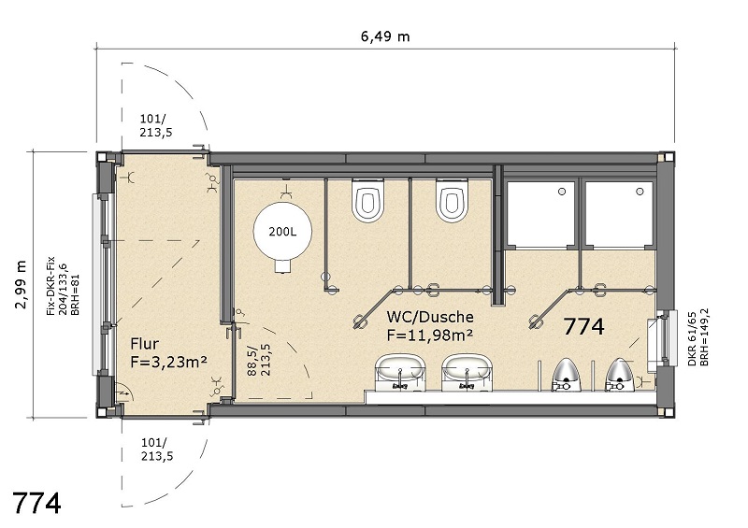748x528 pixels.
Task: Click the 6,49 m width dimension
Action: (x=385, y=36)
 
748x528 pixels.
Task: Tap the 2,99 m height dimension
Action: (x=21, y=285)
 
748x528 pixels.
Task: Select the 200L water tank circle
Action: (x=282, y=232)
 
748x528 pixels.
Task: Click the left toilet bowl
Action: (x=367, y=200)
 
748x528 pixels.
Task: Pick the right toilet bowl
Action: (x=452, y=200)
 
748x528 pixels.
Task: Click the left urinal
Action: (x=565, y=375)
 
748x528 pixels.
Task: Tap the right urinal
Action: (x=619, y=375)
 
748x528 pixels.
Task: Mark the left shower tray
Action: (x=540, y=214)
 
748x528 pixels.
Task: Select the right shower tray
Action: (x=619, y=214)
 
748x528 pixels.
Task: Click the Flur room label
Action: (x=145, y=344)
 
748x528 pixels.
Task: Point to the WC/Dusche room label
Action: (x=430, y=317)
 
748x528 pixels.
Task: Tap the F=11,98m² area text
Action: (x=430, y=335)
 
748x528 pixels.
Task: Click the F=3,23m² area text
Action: (x=168, y=362)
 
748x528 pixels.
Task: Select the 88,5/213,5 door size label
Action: (x=259, y=360)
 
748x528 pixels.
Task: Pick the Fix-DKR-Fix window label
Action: (x=50, y=286)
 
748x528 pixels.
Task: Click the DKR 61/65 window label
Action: (x=692, y=337)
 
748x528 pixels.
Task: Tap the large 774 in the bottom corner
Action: (x=36, y=503)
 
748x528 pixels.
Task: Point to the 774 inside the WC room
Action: (x=583, y=327)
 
